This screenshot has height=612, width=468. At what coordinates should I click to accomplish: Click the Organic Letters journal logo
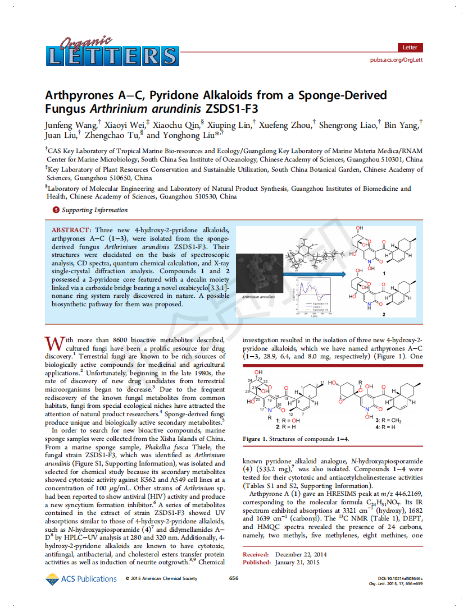[111, 52]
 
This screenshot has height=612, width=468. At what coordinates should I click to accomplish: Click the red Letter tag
[410, 48]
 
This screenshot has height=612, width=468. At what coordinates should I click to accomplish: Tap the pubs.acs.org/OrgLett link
[396, 60]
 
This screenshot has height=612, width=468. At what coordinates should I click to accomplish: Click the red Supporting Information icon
[55, 210]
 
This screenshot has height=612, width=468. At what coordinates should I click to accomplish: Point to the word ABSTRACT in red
[71, 231]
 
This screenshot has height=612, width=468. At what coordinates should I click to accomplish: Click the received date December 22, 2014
[301, 555]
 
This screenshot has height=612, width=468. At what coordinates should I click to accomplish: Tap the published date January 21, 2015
[297, 562]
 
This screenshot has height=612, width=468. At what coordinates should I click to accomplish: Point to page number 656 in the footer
[234, 578]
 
